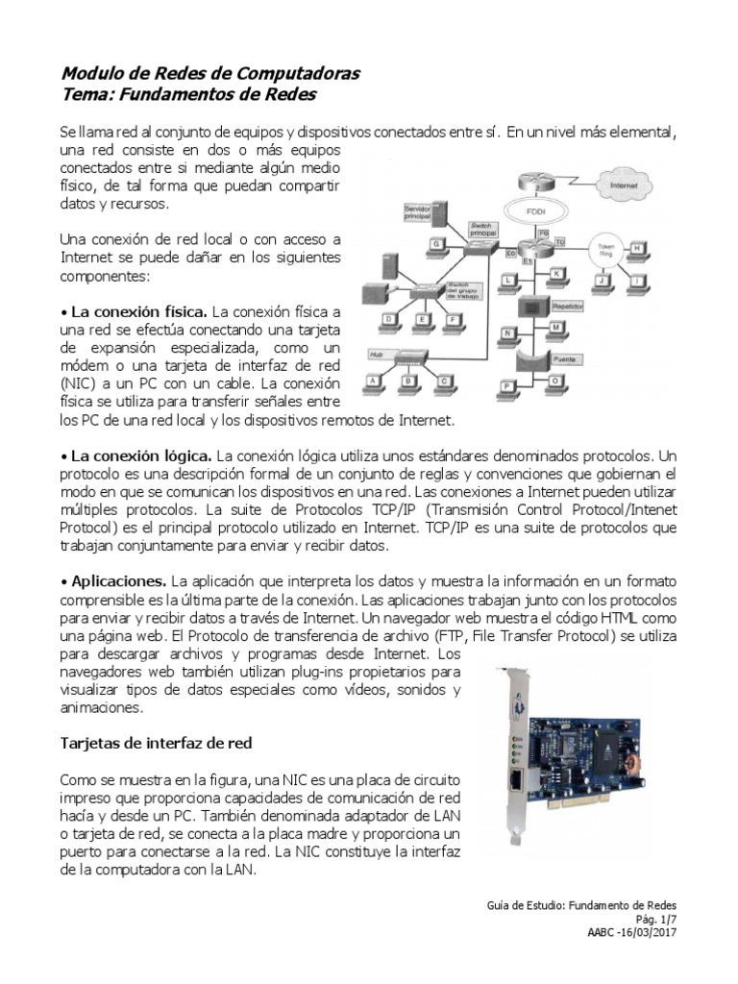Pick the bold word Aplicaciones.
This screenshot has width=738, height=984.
(x=117, y=582)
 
